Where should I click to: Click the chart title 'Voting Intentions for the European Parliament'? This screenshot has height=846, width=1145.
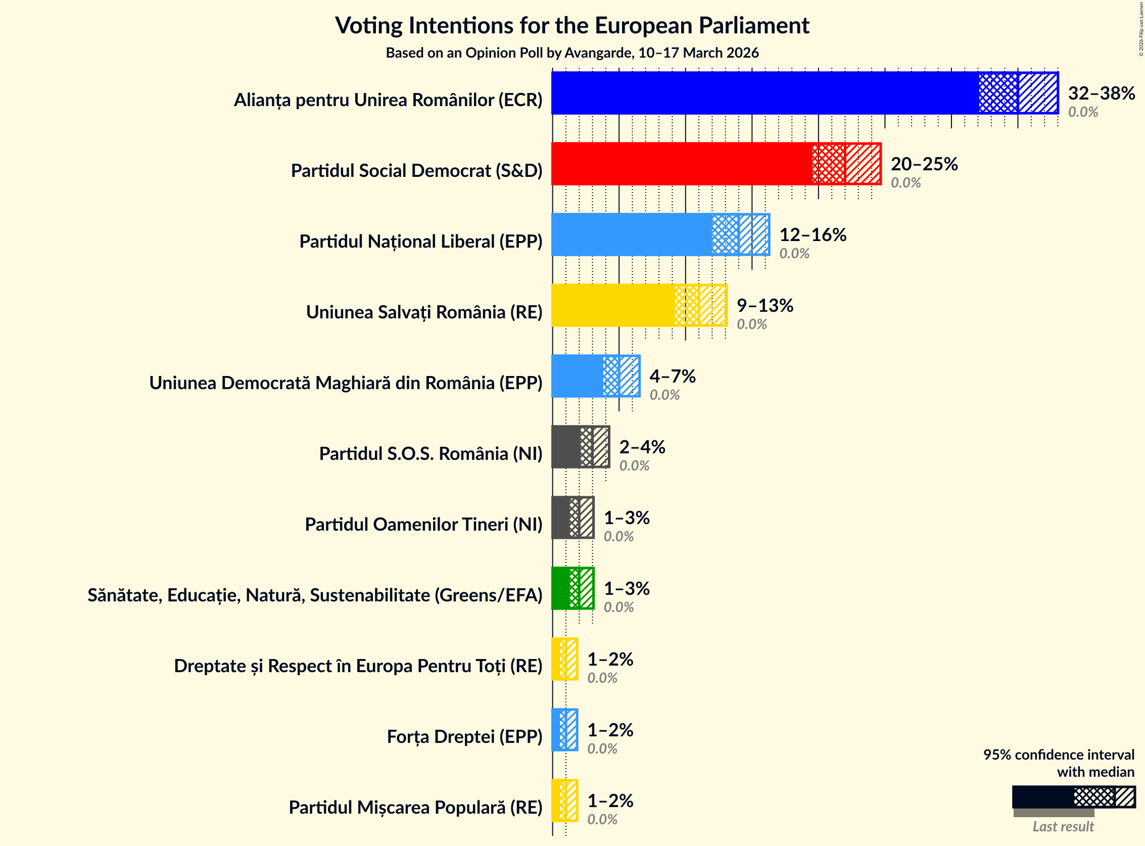coord(572,26)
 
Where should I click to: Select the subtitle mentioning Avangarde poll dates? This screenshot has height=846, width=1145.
coord(572,53)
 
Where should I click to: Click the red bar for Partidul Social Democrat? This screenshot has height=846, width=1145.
coord(681,163)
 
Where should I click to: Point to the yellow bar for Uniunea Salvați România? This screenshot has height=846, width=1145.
coord(612,305)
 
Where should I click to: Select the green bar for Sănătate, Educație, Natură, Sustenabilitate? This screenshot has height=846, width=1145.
coord(560,588)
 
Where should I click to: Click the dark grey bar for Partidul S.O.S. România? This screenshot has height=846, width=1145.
coord(566,447)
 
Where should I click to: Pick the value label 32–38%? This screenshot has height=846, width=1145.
coord(1101,92)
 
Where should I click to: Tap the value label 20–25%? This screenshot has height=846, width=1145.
coord(924,163)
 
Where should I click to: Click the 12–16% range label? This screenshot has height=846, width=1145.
coord(813,234)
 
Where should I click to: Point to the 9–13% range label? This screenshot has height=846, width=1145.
coord(765,305)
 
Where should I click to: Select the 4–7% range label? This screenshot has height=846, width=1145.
coord(673,376)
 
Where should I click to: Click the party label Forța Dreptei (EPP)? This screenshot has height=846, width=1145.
coord(464,736)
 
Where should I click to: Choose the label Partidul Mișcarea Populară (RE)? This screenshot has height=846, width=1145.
coord(415,807)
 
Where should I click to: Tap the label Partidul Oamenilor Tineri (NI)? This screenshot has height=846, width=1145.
coord(423,525)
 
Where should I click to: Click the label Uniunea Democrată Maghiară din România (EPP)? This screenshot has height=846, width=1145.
coord(346,383)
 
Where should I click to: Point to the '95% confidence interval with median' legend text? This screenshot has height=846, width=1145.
coord(1059,763)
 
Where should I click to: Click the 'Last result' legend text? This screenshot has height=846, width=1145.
coord(1063,826)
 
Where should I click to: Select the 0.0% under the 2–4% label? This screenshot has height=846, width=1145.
coord(634,465)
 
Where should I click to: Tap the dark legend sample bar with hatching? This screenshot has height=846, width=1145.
coord(1073,797)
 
